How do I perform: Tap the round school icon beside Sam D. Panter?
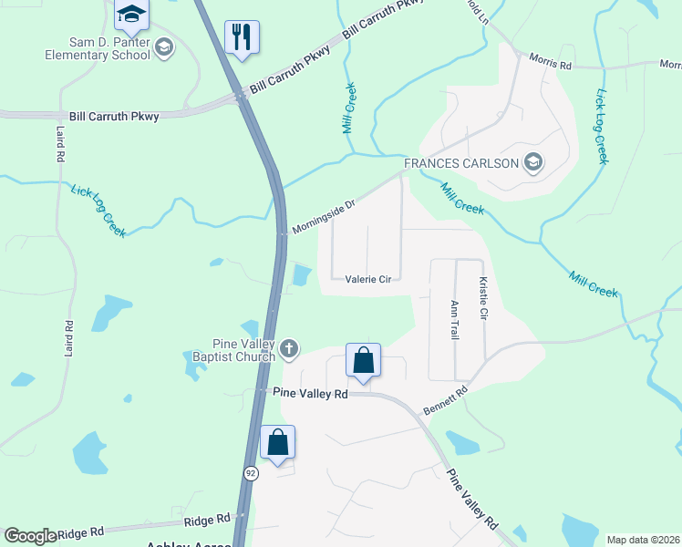click(x=165, y=47)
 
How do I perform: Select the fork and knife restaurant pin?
click(x=242, y=38)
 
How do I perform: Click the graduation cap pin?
click(x=131, y=15)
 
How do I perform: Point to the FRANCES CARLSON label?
click(x=461, y=164)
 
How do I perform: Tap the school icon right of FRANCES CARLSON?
click(x=533, y=164)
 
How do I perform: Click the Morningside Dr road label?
click(x=323, y=213)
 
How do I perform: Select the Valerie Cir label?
click(x=367, y=280)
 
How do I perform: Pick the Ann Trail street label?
click(x=454, y=320)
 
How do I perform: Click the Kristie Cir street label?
click(x=483, y=300)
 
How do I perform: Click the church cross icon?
click(x=289, y=348)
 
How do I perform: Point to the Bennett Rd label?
click(x=445, y=401)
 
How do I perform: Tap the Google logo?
click(x=30, y=536)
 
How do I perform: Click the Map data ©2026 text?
click(x=644, y=540)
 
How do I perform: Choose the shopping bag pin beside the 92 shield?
click(x=278, y=442)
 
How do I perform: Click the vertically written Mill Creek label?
click(x=348, y=108)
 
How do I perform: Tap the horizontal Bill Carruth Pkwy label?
click(x=114, y=117)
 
